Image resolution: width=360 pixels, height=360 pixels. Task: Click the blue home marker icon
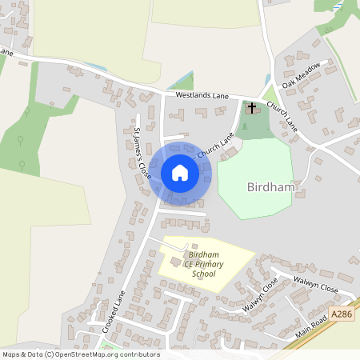tap(180, 172)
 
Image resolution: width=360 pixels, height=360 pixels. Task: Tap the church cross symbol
tap(252, 107)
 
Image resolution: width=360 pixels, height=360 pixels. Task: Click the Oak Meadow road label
tap(301, 74)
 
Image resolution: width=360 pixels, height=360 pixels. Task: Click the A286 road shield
tap(342, 294)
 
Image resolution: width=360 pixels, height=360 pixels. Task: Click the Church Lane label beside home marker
tap(215, 144)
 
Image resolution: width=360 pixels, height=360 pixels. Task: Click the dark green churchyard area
tap(256, 128)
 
